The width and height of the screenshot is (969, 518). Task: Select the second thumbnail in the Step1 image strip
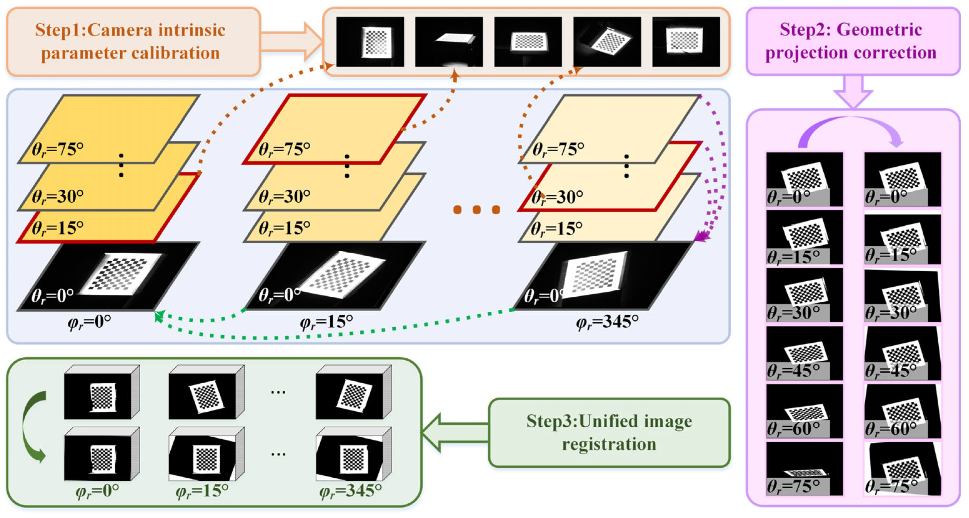449,41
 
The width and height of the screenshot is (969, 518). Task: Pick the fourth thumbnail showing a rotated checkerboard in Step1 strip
607,41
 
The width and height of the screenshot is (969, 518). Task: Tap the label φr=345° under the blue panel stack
607,322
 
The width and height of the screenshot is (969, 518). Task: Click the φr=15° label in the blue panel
326,322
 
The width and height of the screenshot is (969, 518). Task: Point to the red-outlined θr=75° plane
335,128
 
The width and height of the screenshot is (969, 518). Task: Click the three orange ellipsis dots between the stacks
477,209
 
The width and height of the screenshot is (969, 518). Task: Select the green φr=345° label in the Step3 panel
350,491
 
